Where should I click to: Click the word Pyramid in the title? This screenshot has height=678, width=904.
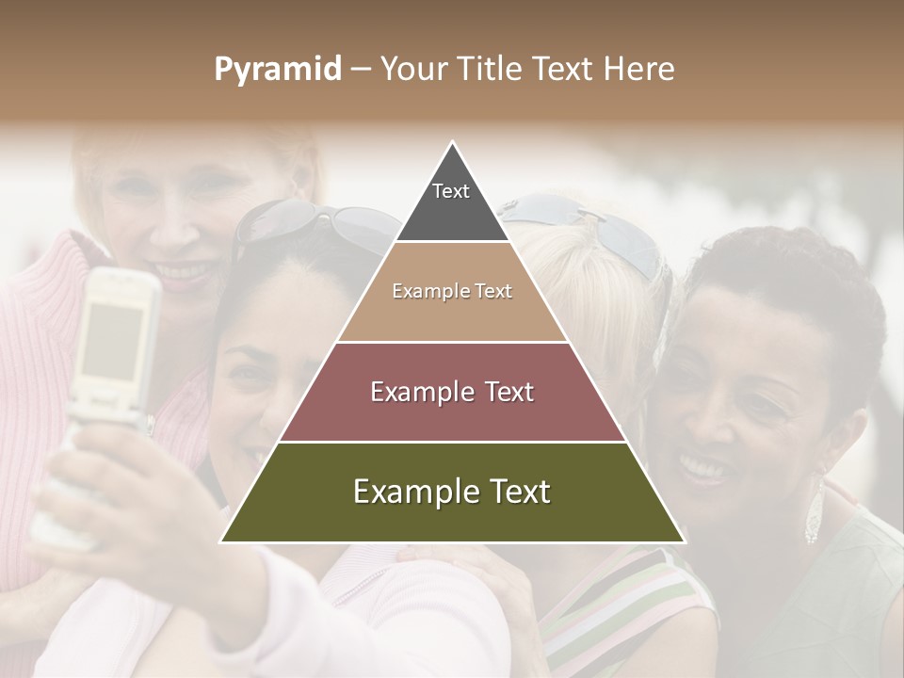point(277,70)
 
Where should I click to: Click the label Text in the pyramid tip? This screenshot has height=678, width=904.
point(451,191)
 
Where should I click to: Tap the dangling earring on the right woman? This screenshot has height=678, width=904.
point(814,513)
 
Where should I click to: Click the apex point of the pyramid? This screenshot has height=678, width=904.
point(453,142)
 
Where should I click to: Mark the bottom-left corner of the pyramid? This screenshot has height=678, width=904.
point(221,541)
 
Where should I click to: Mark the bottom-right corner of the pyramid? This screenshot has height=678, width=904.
point(684,541)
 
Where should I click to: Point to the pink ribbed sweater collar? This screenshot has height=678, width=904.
point(47,282)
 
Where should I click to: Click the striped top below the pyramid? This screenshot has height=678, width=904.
point(621,603)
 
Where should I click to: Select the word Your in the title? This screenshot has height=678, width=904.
point(415,70)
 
